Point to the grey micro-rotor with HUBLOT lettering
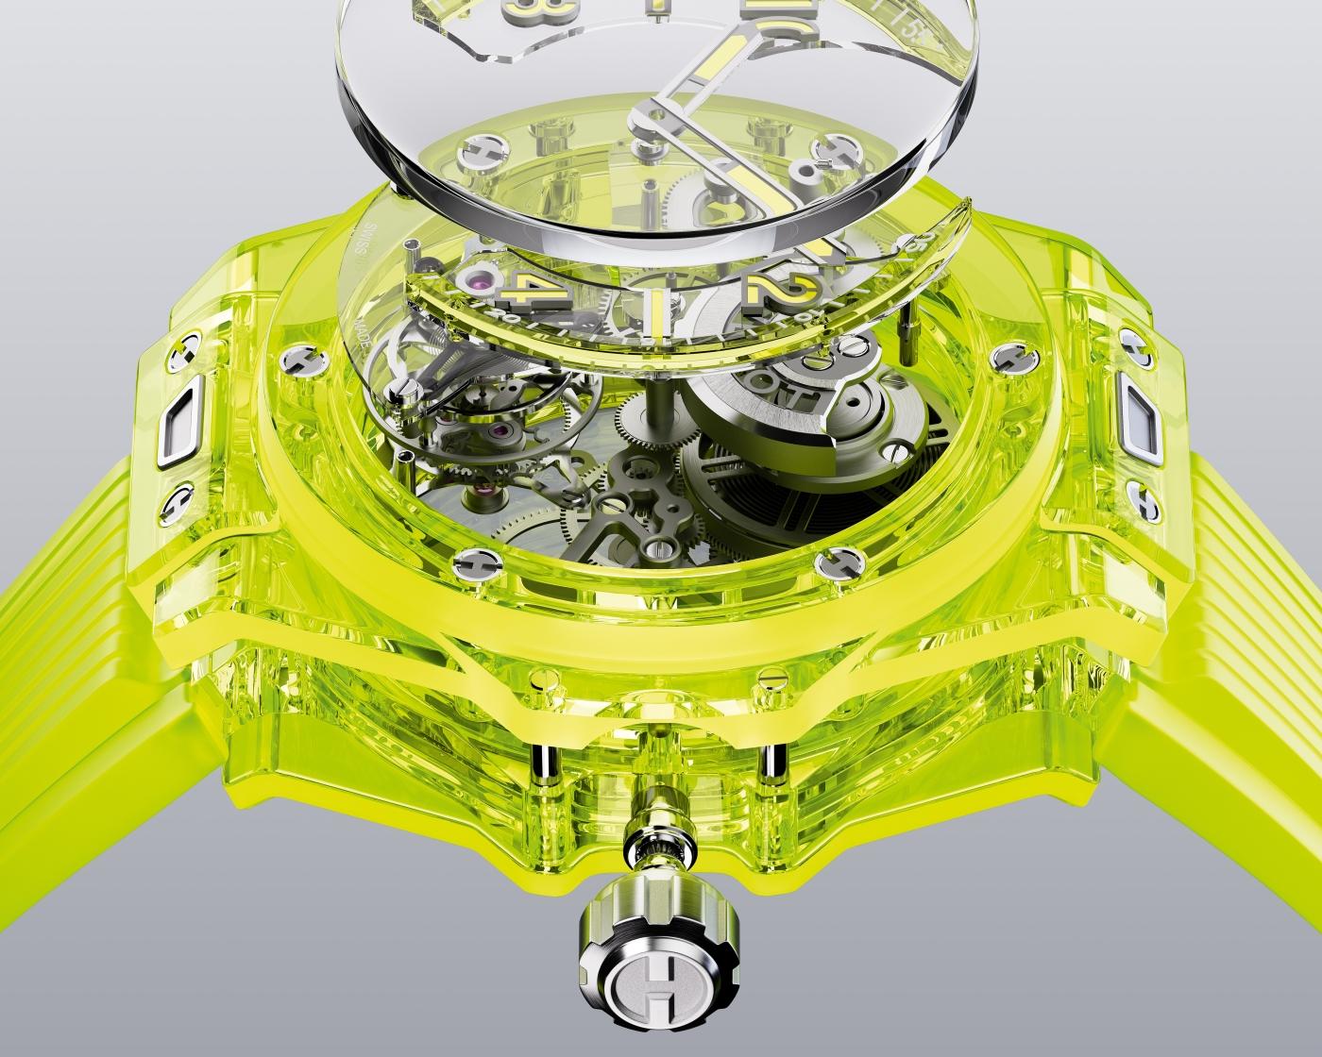[x=755, y=415]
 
